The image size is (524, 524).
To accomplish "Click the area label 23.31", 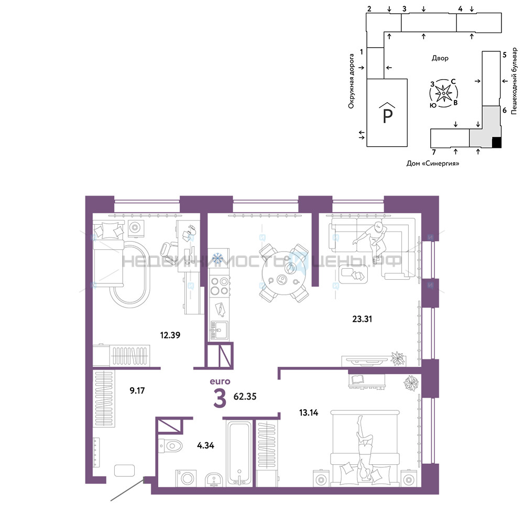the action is (x=362, y=319).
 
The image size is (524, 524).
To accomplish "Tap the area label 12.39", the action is (x=170, y=335).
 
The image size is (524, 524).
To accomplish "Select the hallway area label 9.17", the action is (x=137, y=390).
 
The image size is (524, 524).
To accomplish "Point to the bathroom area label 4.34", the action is (x=205, y=445).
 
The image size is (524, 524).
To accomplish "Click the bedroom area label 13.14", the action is (x=309, y=413).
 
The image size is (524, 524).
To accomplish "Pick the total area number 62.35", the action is (x=245, y=396).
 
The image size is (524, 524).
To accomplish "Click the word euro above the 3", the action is (x=220, y=381).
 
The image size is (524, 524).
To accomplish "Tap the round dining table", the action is (x=283, y=273).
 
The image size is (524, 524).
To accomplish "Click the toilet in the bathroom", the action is (x=170, y=445).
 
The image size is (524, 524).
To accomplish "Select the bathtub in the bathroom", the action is (x=239, y=453).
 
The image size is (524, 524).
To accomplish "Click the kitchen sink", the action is (x=219, y=330).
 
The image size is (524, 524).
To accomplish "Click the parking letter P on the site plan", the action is (x=387, y=116).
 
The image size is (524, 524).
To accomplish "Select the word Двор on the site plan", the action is (x=440, y=58).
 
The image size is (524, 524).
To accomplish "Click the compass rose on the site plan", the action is (x=443, y=93).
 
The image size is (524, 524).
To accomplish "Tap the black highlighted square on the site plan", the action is (x=497, y=143).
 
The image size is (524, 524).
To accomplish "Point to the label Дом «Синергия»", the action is (x=433, y=163).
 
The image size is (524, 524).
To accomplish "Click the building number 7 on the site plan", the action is (x=434, y=152).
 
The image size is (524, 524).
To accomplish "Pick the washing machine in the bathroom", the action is (x=186, y=478).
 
